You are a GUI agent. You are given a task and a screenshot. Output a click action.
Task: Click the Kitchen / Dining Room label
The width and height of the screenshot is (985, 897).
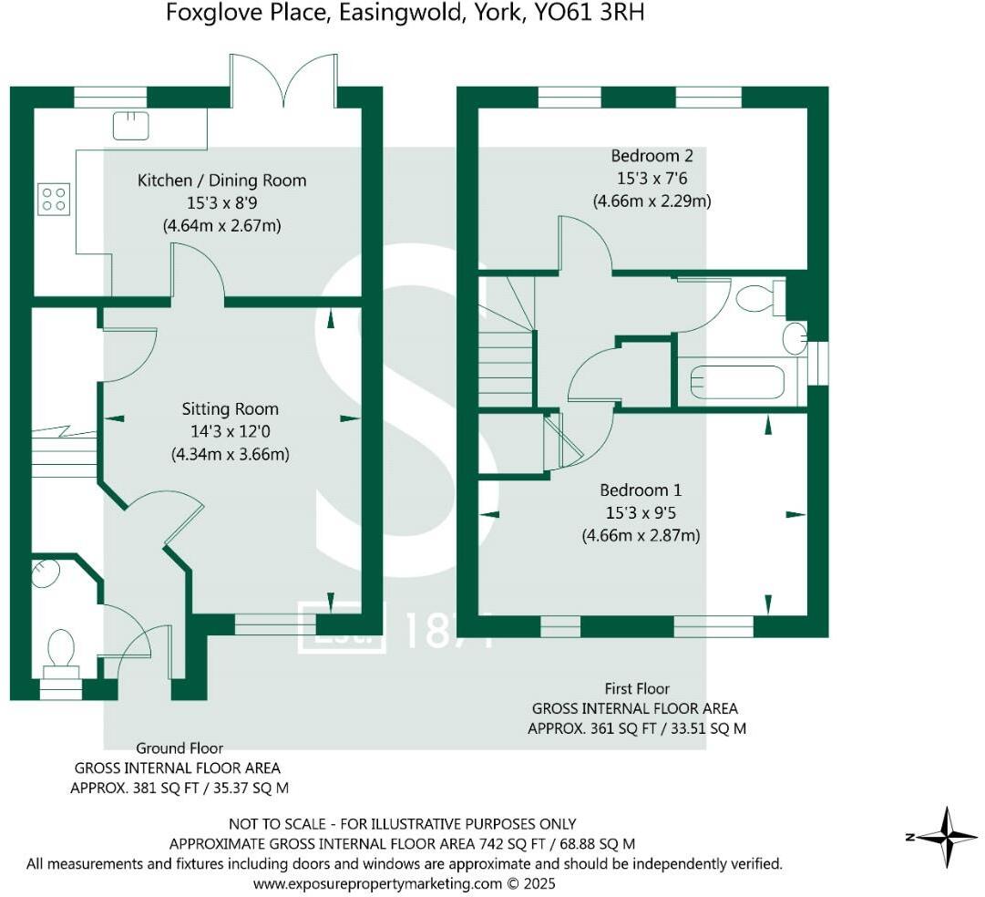pyautogui.click(x=221, y=180)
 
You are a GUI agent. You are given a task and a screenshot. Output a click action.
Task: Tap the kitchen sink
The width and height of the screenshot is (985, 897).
pyautogui.click(x=131, y=125)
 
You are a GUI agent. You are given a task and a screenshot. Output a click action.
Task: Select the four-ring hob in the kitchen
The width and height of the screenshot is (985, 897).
pyautogui.click(x=54, y=198)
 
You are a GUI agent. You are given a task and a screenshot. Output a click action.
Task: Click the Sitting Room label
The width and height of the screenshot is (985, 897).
pyautogui.click(x=230, y=408)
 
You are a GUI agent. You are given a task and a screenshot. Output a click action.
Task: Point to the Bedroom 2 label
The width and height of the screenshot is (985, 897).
pyautogui.click(x=645, y=155)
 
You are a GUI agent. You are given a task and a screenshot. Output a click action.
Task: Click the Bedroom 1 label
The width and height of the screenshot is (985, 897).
pyautogui.click(x=641, y=490)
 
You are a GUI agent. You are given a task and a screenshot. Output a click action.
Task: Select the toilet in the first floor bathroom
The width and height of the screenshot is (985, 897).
pyautogui.click(x=758, y=298)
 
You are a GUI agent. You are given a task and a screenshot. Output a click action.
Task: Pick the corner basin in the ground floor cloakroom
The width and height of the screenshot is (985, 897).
pyautogui.click(x=46, y=572)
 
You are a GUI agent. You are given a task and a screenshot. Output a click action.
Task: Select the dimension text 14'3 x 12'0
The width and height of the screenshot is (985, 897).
pyautogui.click(x=230, y=431)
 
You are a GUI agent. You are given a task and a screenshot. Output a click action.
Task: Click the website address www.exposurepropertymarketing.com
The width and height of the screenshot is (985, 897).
pyautogui.click(x=377, y=883)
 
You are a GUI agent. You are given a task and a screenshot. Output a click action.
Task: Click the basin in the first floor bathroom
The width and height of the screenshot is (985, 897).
pyautogui.click(x=795, y=337)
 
